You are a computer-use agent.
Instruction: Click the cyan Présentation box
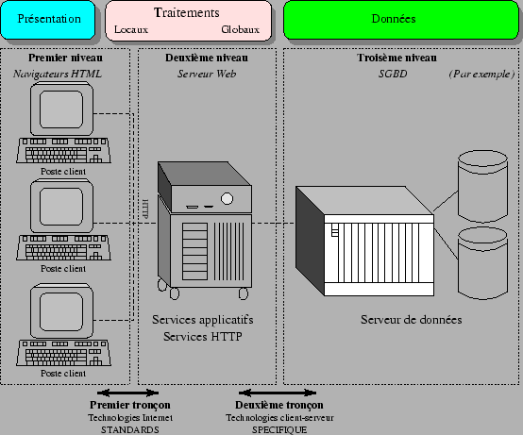pos(48,19)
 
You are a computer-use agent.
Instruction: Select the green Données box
pos(401,19)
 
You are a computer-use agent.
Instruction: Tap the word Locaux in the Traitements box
pos(131,29)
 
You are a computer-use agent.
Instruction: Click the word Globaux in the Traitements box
pos(240,29)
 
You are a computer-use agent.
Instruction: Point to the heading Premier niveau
pos(65,58)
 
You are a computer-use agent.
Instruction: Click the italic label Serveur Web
pos(207,74)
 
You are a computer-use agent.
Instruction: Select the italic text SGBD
pos(393,74)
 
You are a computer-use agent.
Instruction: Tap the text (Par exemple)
pos(481,74)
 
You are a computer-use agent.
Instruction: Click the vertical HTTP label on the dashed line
pos(145,209)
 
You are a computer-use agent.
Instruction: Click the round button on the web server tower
pos(227,199)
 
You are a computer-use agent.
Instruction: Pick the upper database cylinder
pos(483,186)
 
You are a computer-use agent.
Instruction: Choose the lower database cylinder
pos(483,263)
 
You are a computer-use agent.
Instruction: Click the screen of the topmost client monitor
pos(61,109)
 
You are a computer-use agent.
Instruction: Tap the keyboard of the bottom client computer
pos(63,353)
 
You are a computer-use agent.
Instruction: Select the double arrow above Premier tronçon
pos(127,393)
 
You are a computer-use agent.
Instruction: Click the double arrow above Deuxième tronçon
pos(278,393)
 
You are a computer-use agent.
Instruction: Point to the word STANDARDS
pos(130,430)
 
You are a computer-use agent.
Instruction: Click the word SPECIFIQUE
pos(279,430)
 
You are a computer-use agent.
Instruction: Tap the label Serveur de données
pos(412,320)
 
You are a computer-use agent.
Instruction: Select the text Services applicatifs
pos(203,320)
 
